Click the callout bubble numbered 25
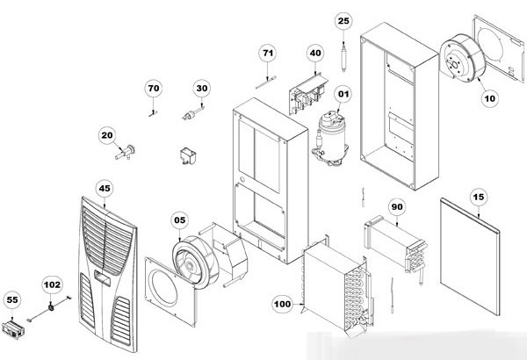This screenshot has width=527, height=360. click(343, 20)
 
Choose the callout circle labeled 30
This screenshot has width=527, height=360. click(202, 88)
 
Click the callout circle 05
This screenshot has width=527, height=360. click(180, 220)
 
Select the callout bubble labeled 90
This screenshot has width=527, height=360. click(397, 206)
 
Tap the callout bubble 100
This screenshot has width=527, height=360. click(282, 304)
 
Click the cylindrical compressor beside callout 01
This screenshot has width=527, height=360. click(331, 138)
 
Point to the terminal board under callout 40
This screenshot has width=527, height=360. click(307, 91)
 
